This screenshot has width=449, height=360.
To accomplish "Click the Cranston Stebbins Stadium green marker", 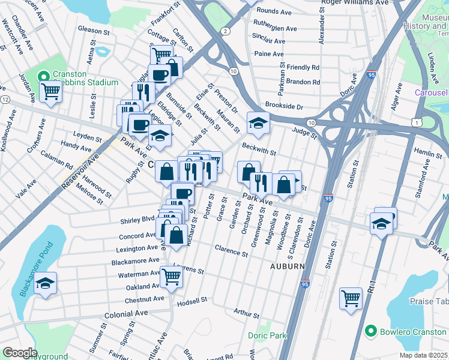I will pyautogui.click(x=43, y=77).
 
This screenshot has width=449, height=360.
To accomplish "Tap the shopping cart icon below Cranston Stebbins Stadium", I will pyautogui.click(x=51, y=92).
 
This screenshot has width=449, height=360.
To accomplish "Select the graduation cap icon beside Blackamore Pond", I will pyautogui.click(x=45, y=284).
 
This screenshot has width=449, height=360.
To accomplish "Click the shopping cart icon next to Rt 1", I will pyautogui.click(x=351, y=298).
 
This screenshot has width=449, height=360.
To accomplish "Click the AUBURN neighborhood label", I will pyautogui.click(x=287, y=266).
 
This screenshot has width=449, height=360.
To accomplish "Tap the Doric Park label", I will pyautogui.click(x=267, y=336).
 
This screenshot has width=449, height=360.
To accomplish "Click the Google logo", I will pyautogui.click(x=19, y=353).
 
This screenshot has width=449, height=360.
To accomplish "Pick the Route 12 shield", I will pyautogui.click(x=5, y=99).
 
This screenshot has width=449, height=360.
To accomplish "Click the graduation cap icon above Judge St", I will pyautogui.click(x=258, y=123).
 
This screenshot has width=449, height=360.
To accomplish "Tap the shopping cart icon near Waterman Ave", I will pyautogui.click(x=172, y=277).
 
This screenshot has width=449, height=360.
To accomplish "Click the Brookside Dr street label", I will pyautogui.click(x=285, y=107).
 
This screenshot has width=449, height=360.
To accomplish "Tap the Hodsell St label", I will pyautogui.click(x=191, y=299).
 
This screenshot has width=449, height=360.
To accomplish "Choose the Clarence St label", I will pyautogui.click(x=231, y=251).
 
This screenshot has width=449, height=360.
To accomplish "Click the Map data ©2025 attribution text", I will pyautogui.click(x=424, y=355).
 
